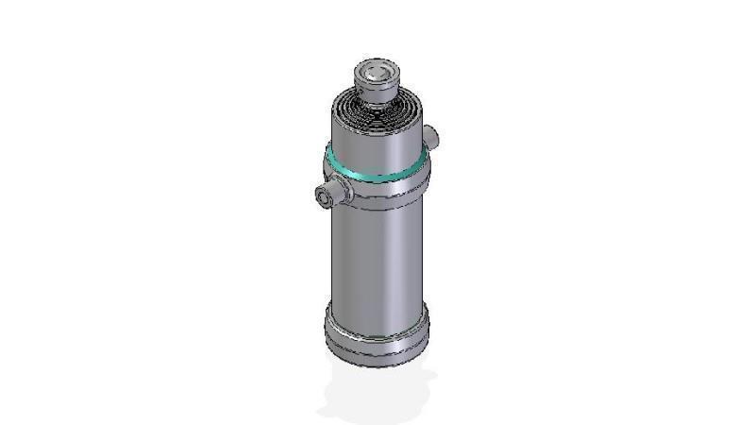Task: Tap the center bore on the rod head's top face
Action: click(377, 70)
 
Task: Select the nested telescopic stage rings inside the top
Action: click(378, 110)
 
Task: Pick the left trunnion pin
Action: click(327, 196)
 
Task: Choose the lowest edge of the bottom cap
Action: click(377, 365)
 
